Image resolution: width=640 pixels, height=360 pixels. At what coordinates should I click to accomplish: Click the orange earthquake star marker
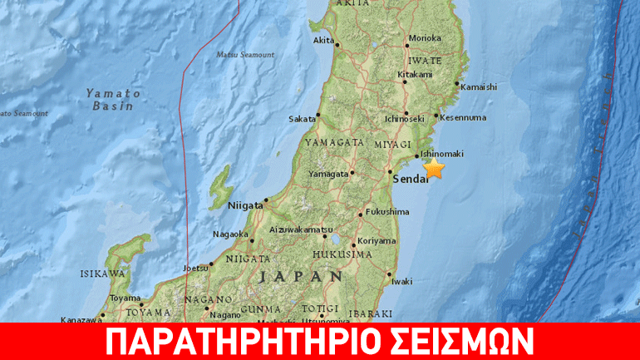pos(434,169)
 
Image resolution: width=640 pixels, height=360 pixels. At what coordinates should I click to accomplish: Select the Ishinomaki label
pos(441,154)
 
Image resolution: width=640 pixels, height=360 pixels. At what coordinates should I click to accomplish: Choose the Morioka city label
pos(424,37)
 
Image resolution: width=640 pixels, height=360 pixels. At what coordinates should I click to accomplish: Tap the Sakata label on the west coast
pos(302,119)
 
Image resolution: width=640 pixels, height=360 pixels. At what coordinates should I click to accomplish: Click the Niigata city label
pos(245,201)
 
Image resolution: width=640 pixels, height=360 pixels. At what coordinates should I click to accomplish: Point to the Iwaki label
pos(401,281)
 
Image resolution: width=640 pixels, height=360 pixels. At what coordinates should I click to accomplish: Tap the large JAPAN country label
pos(299,276)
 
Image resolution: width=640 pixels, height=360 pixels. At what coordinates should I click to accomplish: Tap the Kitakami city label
pos(416,74)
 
